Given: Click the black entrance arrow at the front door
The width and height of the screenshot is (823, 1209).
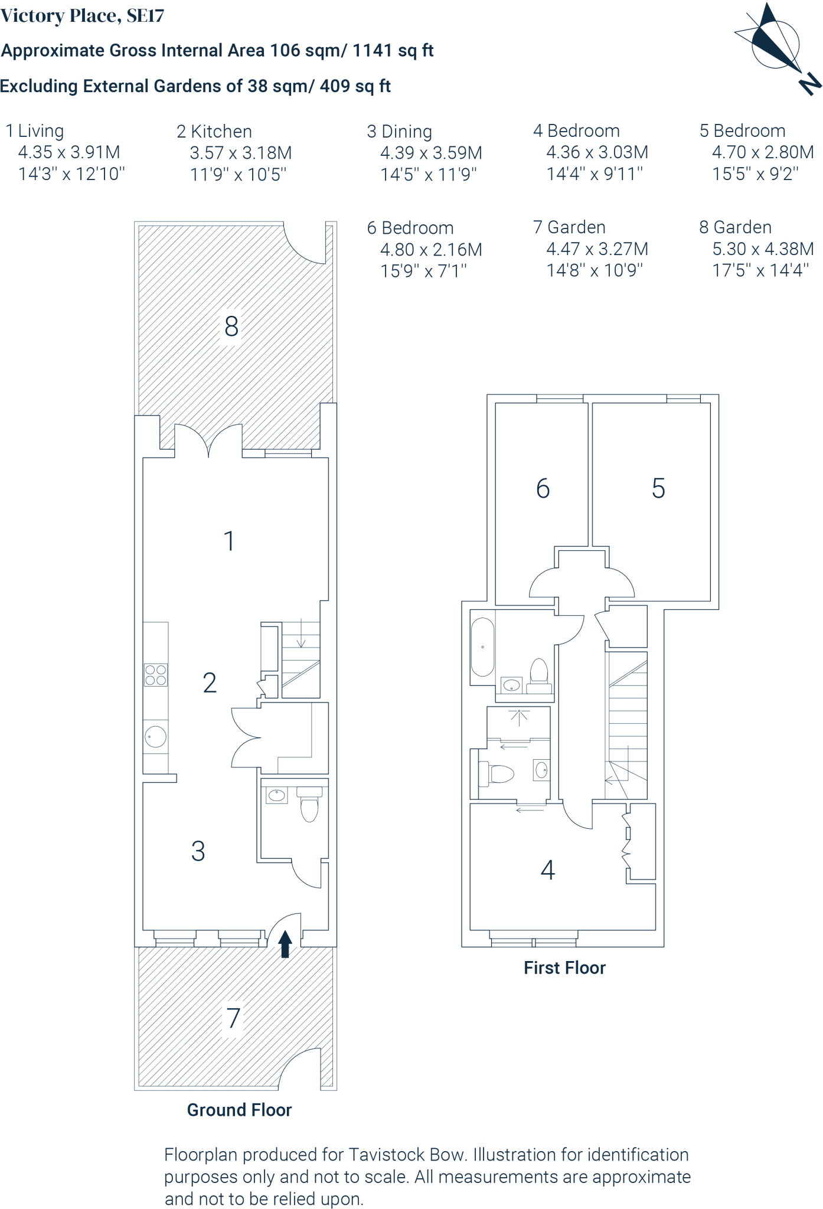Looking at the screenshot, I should [285, 943].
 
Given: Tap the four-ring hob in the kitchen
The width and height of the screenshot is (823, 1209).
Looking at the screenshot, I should [156, 675].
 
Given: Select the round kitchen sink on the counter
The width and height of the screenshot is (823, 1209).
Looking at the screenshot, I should [156, 736].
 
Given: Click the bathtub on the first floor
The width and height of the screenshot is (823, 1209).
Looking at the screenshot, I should [482, 648].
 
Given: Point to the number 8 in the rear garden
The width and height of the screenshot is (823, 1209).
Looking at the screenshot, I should [231, 326].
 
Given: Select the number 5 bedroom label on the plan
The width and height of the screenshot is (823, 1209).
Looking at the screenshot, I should [658, 489].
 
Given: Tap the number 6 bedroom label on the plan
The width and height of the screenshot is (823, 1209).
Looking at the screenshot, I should [543, 489].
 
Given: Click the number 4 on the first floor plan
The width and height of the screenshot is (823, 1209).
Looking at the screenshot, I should [548, 870].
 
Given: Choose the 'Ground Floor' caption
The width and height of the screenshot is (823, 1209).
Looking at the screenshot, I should [239, 1110].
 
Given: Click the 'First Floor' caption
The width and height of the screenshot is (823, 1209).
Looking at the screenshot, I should [564, 968].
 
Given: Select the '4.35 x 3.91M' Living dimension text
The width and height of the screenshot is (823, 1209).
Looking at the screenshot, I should [69, 152].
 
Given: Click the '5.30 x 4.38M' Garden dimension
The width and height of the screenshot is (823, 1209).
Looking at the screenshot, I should [763, 249].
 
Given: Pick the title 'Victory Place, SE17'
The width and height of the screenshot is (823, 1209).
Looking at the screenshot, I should [82, 16].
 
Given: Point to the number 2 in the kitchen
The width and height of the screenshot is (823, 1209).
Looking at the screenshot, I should [210, 683].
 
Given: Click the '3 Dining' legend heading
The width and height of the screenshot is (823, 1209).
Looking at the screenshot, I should [400, 131].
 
